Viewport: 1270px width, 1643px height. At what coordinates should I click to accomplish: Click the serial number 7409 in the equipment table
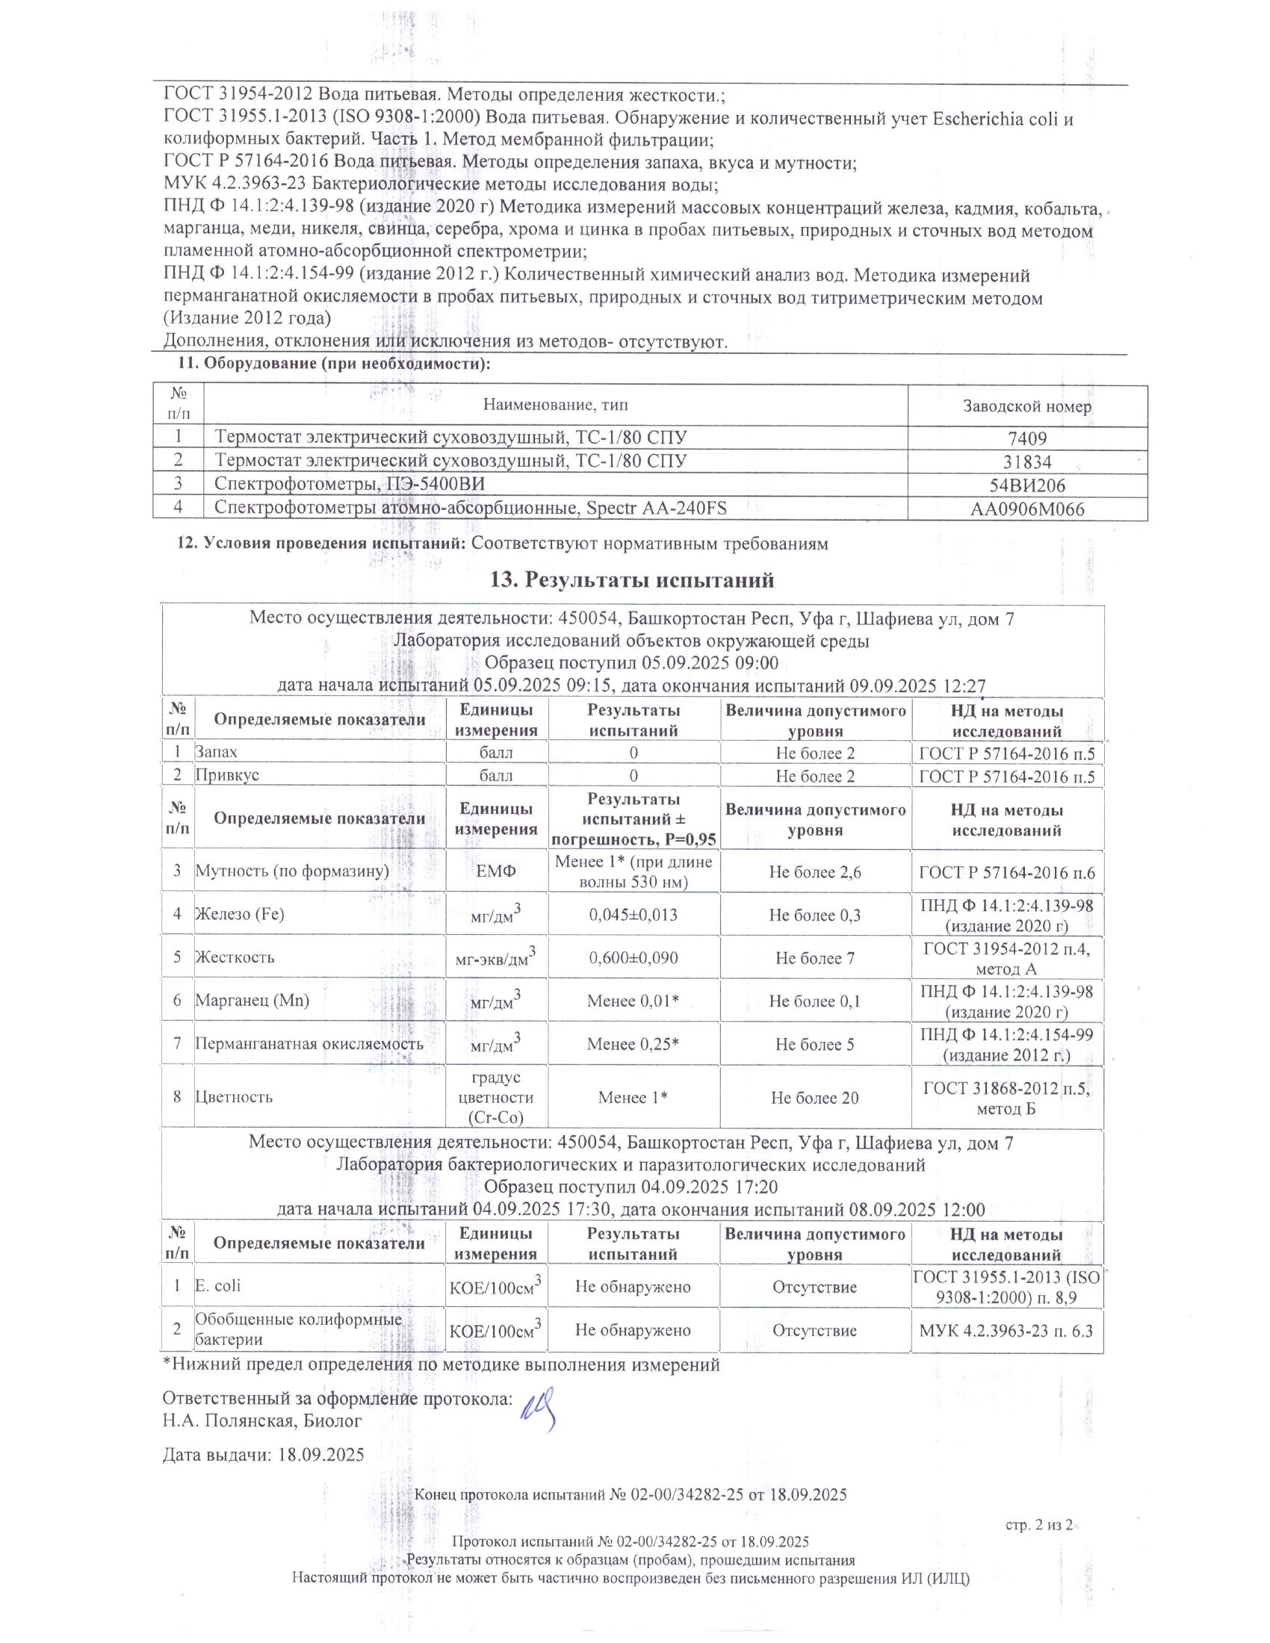pyautogui.click(x=1028, y=438)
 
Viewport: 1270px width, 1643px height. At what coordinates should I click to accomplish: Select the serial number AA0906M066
pyautogui.click(x=1027, y=509)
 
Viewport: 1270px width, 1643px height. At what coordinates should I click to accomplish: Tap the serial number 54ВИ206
pyautogui.click(x=1027, y=486)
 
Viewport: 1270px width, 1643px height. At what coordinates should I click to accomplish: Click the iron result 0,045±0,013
pyautogui.click(x=634, y=915)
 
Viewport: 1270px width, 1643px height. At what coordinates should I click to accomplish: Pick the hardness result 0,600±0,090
pyautogui.click(x=634, y=957)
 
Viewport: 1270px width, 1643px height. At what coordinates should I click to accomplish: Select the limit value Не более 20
pyautogui.click(x=815, y=1098)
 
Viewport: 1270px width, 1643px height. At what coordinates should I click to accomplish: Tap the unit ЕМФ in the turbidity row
pyautogui.click(x=496, y=872)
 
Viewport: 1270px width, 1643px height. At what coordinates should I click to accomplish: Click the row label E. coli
pyautogui.click(x=217, y=1286)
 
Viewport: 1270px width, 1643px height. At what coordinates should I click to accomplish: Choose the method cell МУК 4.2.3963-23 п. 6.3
pyautogui.click(x=1006, y=1330)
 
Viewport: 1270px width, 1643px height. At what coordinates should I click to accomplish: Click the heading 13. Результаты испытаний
pyautogui.click(x=632, y=580)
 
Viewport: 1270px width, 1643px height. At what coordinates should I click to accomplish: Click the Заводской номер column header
pyautogui.click(x=1027, y=407)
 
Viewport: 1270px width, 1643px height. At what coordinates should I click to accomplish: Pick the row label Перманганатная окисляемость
pyautogui.click(x=309, y=1043)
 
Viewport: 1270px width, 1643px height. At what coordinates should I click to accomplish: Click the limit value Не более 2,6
pyautogui.click(x=815, y=872)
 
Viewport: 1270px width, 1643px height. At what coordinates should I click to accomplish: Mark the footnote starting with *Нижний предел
pyautogui.click(x=442, y=1364)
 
